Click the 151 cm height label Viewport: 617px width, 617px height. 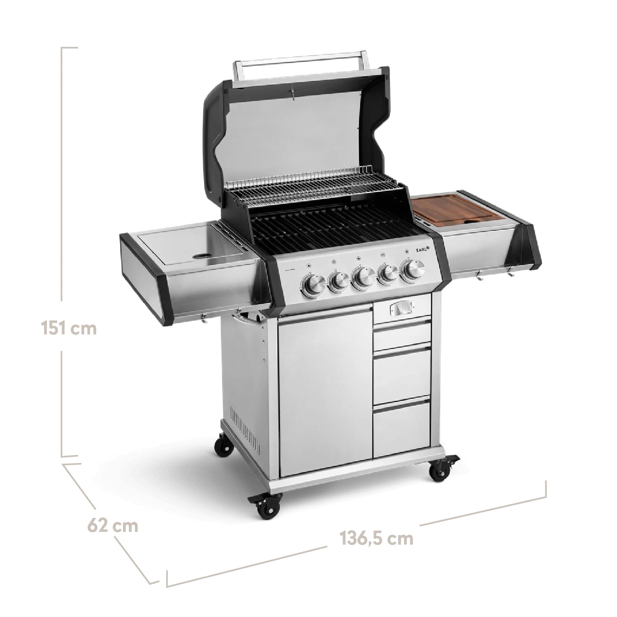coord(69,328)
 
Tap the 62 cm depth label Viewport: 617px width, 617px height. coord(112,526)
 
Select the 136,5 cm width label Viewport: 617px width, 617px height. coord(376,538)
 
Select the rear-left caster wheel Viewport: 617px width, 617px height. coord(224,446)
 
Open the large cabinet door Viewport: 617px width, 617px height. coord(325,391)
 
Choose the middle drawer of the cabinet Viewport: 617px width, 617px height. coord(401,376)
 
